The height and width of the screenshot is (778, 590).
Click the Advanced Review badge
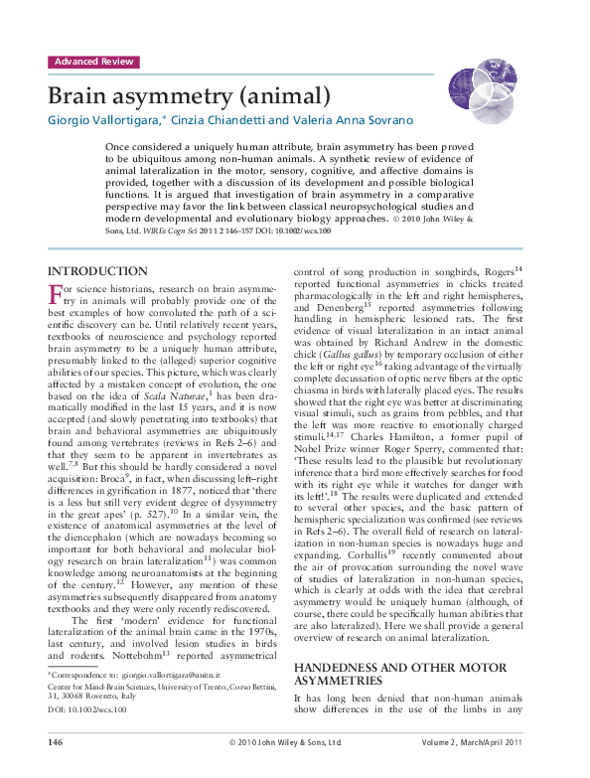93,62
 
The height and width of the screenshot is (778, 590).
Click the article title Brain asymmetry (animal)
189,96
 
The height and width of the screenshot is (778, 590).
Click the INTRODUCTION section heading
98,271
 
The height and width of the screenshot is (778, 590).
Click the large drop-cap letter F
57,295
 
